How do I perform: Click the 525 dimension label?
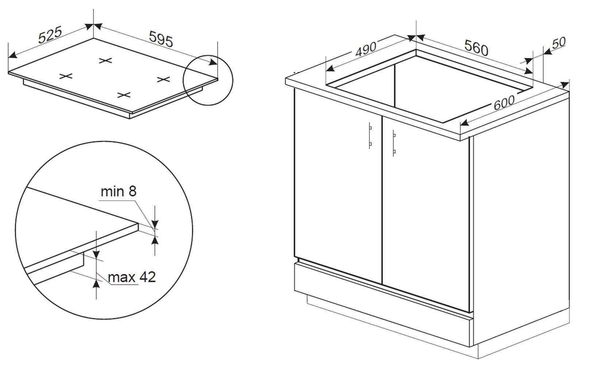tap(50, 35)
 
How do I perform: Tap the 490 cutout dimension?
tap(366, 50)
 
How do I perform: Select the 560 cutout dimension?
tap(476, 48)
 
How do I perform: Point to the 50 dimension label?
tap(559, 43)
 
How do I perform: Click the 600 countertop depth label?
tap(504, 103)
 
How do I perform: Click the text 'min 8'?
tap(118, 191)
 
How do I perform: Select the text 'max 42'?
tap(132, 277)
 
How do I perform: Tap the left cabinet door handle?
tap(370, 135)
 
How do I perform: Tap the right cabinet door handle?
tap(394, 143)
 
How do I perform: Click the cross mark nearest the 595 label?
tap(105, 61)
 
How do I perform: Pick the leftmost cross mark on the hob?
tap(66, 76)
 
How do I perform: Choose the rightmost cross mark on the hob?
tap(164, 79)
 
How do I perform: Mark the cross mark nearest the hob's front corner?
tap(124, 95)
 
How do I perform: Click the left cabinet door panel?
tap(338, 186)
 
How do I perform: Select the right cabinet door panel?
tap(426, 214)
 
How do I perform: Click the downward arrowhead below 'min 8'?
tap(155, 224)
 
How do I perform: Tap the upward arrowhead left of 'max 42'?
tap(96, 284)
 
